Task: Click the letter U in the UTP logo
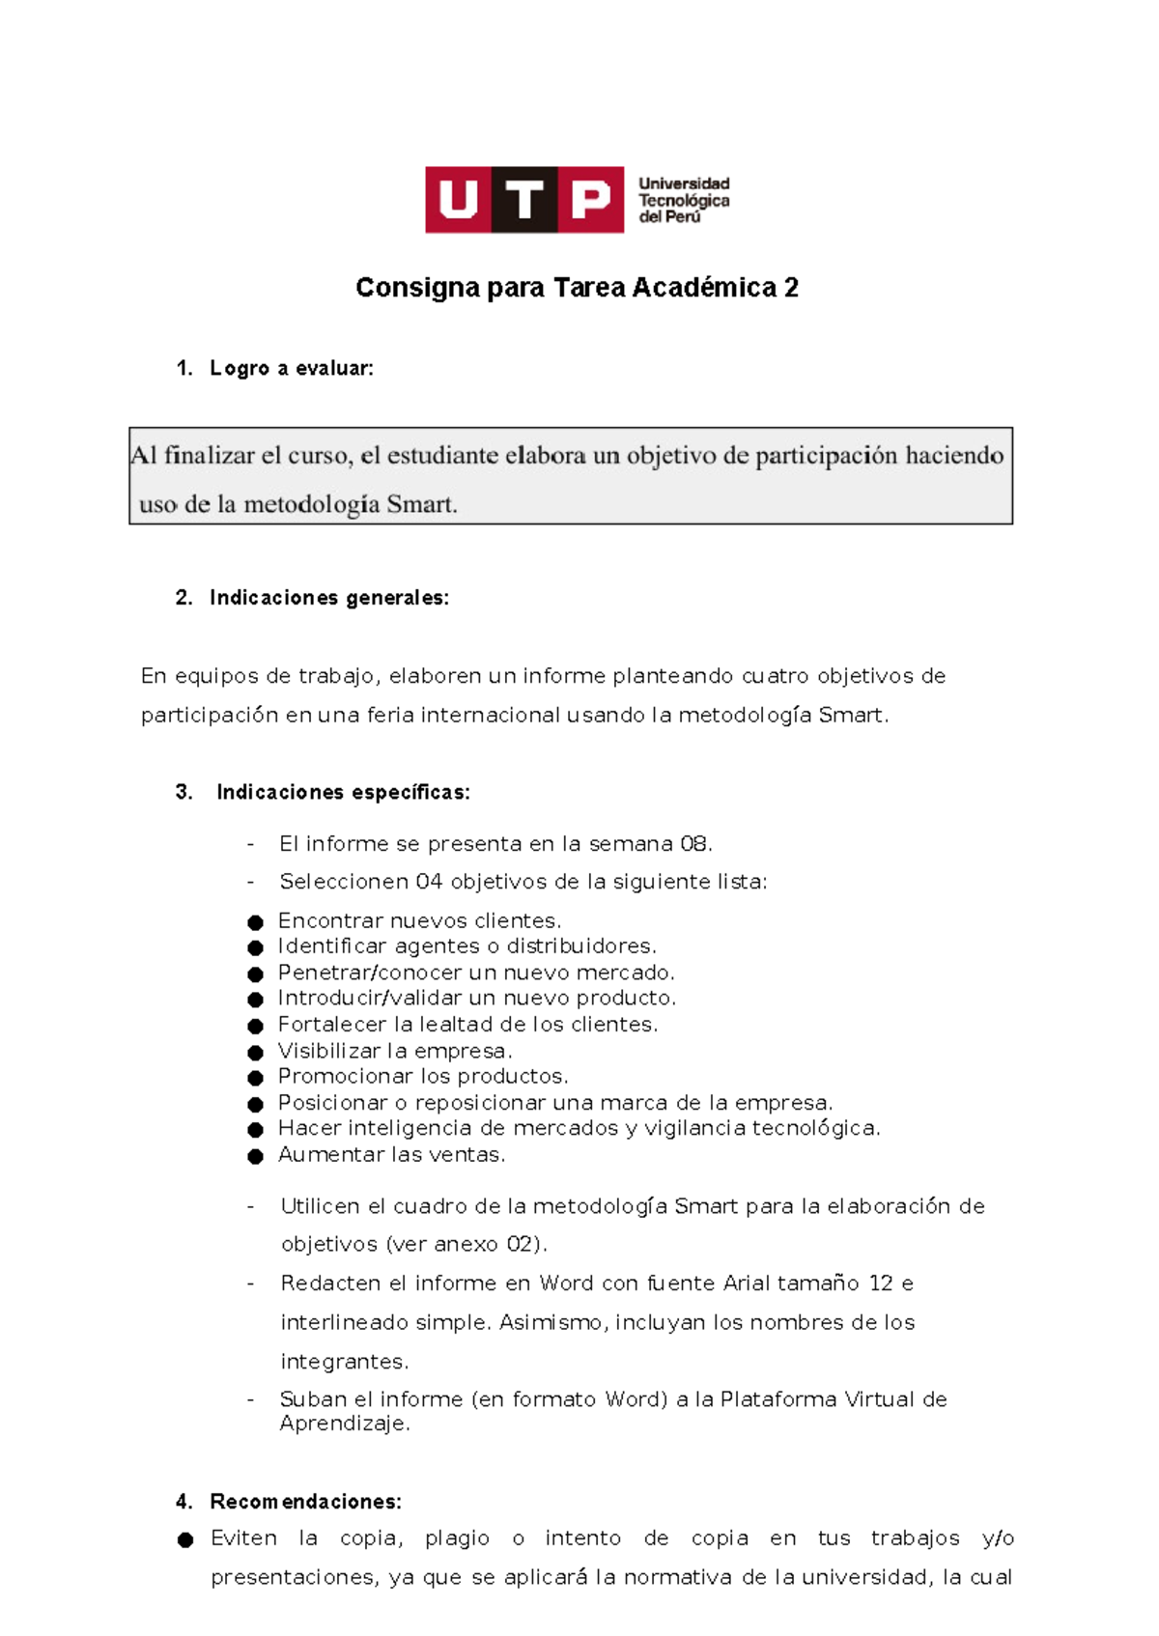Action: (x=458, y=200)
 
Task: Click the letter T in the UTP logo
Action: (x=524, y=200)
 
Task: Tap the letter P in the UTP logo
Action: (x=591, y=200)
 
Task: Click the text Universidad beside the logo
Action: (x=684, y=183)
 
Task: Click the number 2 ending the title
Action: (x=792, y=288)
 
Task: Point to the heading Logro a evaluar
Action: (x=291, y=368)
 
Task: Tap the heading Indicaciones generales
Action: (x=328, y=598)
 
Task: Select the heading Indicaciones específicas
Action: (x=343, y=793)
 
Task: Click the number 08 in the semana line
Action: (x=694, y=844)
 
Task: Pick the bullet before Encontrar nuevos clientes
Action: (x=255, y=922)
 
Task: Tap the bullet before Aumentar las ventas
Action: (x=255, y=1156)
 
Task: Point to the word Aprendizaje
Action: (x=344, y=1424)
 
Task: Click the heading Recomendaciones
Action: (x=305, y=1502)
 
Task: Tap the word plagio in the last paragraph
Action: (x=457, y=1538)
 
